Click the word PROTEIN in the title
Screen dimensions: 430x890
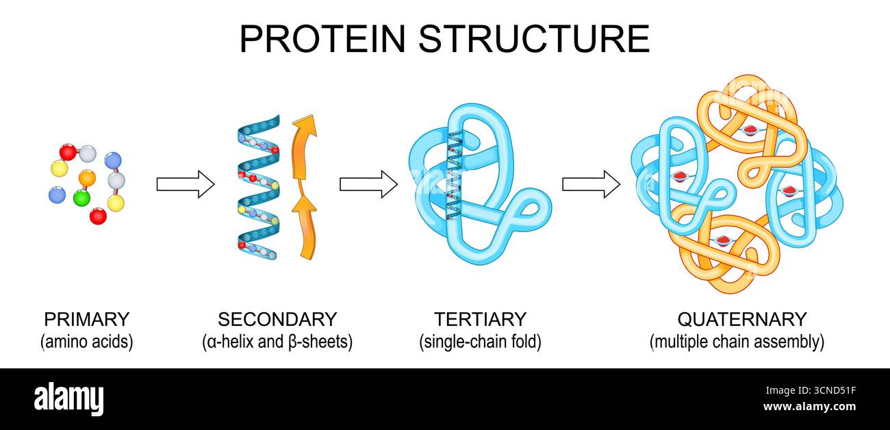pyautogui.click(x=323, y=38)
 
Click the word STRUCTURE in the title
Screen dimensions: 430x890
pyautogui.click(x=534, y=38)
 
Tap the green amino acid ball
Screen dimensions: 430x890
pyautogui.click(x=81, y=198)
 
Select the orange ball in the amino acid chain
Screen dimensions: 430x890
pyautogui.click(x=87, y=178)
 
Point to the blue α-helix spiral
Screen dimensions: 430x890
pyautogui.click(x=258, y=185)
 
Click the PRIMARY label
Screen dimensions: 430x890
pyautogui.click(x=86, y=319)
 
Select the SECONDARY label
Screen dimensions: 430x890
pyautogui.click(x=277, y=319)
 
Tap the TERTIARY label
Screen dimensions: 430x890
pyautogui.click(x=480, y=319)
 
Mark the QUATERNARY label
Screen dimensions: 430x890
pyautogui.click(x=742, y=319)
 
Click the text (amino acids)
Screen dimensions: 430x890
pyautogui.click(x=86, y=342)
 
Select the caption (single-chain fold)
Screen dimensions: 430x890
pyautogui.click(x=480, y=342)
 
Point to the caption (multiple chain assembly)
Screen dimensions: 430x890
pyautogui.click(x=737, y=342)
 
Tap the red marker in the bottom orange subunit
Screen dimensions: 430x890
pyautogui.click(x=723, y=240)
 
